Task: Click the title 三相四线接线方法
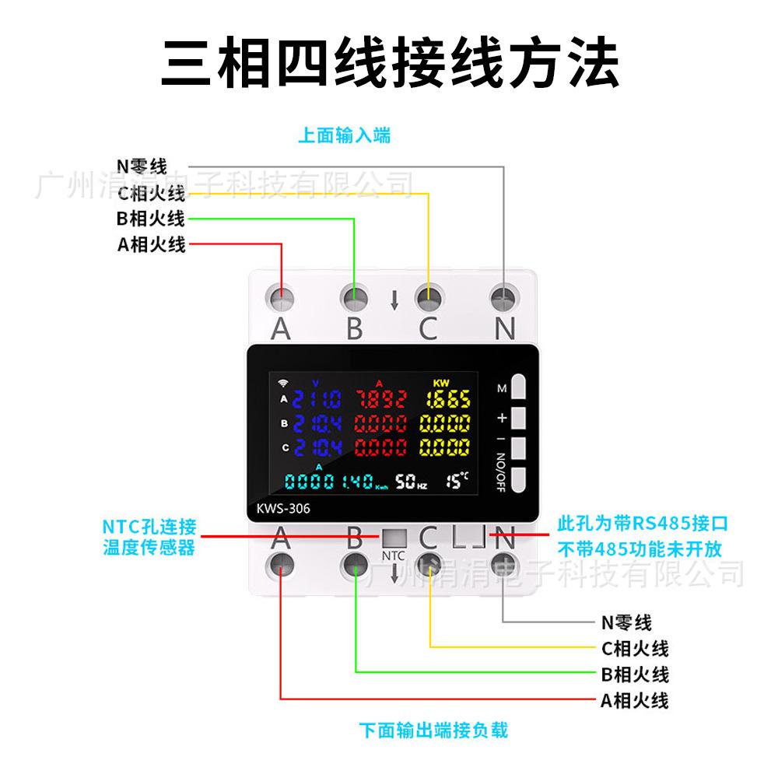coord(389,62)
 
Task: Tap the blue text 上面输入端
coord(344,136)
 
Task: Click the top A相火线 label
coord(152,245)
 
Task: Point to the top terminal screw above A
coord(281,297)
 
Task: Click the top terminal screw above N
coord(505,297)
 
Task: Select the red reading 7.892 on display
coord(381,400)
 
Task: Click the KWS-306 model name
coord(283,510)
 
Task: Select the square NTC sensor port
coord(393,538)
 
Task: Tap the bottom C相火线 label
coord(635,648)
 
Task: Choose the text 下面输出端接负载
coord(433,731)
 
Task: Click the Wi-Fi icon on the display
coord(282,383)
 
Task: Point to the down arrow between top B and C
coord(394,300)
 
